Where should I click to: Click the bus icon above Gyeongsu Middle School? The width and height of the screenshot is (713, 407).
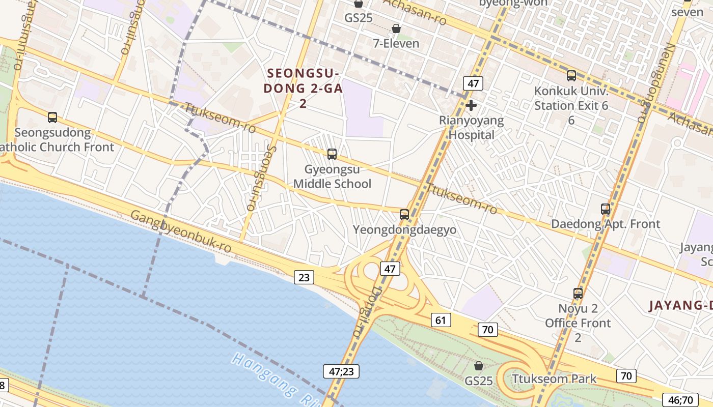pos(332,154)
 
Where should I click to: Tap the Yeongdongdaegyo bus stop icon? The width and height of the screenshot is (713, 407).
pos(404,215)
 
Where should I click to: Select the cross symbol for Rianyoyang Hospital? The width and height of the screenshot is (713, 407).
pos(471,106)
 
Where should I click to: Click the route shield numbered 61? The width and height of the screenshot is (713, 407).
pos(441,320)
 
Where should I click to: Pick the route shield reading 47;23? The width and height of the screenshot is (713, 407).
pos(341,371)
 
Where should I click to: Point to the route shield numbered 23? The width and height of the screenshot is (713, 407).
pos(304,277)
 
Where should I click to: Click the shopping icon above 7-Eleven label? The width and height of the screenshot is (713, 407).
pos(396,28)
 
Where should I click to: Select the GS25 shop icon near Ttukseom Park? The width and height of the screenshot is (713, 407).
pos(478,366)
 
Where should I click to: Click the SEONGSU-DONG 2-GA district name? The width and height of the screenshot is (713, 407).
pos(303,88)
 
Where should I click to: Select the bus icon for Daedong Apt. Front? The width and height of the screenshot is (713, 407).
pos(605,209)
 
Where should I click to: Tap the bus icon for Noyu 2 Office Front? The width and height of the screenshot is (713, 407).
pos(578,294)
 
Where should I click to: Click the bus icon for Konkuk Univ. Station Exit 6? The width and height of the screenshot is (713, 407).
pos(571,76)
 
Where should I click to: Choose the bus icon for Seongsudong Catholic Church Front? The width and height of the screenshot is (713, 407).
pos(52,118)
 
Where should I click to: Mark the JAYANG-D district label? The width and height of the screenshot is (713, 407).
pos(680,306)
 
